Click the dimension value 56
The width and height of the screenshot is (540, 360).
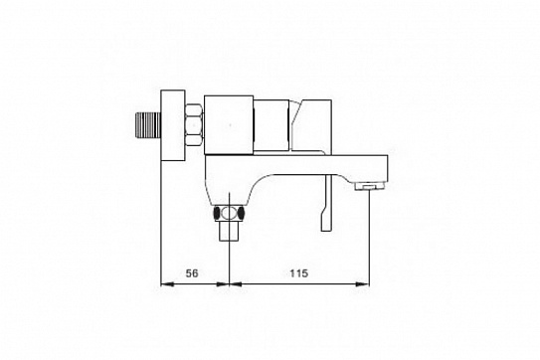pos(192,273)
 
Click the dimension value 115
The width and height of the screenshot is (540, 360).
pos(299,273)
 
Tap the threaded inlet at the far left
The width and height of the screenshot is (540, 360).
pos(148,125)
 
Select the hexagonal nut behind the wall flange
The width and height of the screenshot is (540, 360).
pos(194,124)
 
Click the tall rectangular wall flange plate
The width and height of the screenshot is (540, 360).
pos(173,125)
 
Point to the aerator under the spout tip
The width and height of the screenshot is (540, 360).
pos(369,186)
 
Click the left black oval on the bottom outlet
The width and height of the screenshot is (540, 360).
pos(217,213)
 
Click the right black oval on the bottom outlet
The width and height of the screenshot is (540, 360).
pos(241,213)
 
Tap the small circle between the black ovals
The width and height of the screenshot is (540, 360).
pos(227,213)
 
